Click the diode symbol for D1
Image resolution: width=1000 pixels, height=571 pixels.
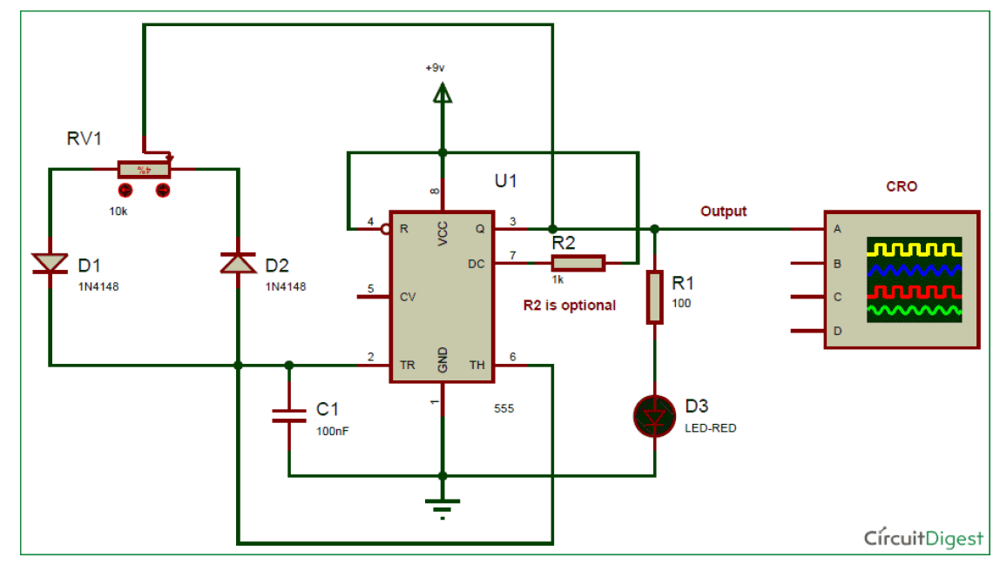tap(50, 263)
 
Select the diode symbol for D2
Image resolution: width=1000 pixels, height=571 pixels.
tap(237, 263)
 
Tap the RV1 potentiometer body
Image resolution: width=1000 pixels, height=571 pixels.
tap(144, 169)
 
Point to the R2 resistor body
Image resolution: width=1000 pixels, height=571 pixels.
tap(578, 262)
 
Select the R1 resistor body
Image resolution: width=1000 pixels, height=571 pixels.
tap(654, 297)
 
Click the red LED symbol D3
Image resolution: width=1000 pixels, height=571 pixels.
tap(654, 416)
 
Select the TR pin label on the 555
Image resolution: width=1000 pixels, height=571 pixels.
tap(407, 366)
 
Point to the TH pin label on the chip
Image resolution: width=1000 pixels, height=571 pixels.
tap(476, 366)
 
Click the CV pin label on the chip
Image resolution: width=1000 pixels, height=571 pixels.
tap(407, 297)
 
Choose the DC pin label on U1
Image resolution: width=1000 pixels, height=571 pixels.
tap(476, 262)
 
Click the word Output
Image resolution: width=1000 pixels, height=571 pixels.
tap(724, 212)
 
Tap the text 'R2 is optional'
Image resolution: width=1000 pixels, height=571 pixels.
tap(569, 305)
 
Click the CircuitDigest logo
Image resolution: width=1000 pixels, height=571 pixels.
tap(923, 537)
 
